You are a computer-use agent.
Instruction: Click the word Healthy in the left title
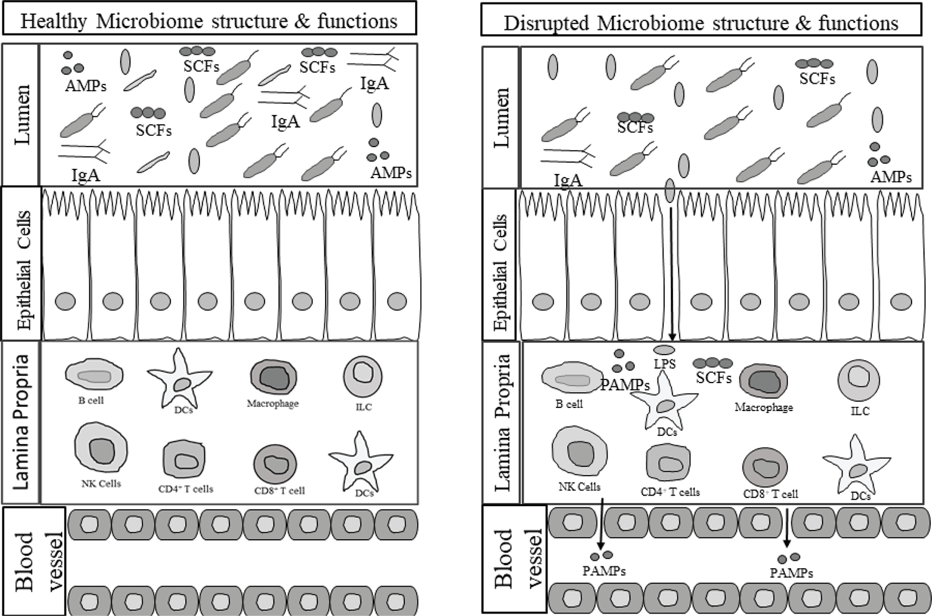[x=53, y=21]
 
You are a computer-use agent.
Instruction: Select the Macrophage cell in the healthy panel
[x=273, y=377]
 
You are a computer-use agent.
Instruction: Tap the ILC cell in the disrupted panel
[x=859, y=380]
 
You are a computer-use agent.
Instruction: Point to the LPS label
[x=664, y=364]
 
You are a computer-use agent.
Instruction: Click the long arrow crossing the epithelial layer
[x=672, y=273]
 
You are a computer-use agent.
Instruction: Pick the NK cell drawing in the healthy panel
[x=101, y=448]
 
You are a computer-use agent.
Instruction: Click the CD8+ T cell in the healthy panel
[x=275, y=464]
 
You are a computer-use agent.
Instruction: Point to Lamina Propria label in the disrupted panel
[x=502, y=422]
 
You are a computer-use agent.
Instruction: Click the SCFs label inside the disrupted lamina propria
[x=713, y=378]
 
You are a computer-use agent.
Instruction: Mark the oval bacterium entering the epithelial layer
[x=670, y=190]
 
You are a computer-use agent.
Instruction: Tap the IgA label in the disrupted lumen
[x=568, y=180]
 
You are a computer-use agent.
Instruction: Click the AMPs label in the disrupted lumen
[x=891, y=177]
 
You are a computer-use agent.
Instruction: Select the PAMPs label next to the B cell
[x=624, y=384]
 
